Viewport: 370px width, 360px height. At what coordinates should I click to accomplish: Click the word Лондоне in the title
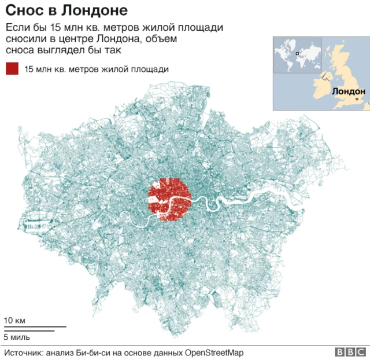click(90, 11)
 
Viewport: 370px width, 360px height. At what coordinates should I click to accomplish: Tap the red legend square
click(12, 69)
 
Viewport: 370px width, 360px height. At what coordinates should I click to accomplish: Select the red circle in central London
click(169, 199)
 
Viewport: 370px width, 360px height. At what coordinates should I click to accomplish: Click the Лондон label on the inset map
click(349, 91)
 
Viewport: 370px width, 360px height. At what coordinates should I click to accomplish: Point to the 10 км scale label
click(14, 321)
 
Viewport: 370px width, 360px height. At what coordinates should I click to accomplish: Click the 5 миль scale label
click(17, 337)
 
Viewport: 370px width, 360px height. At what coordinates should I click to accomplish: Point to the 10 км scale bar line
click(35, 328)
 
